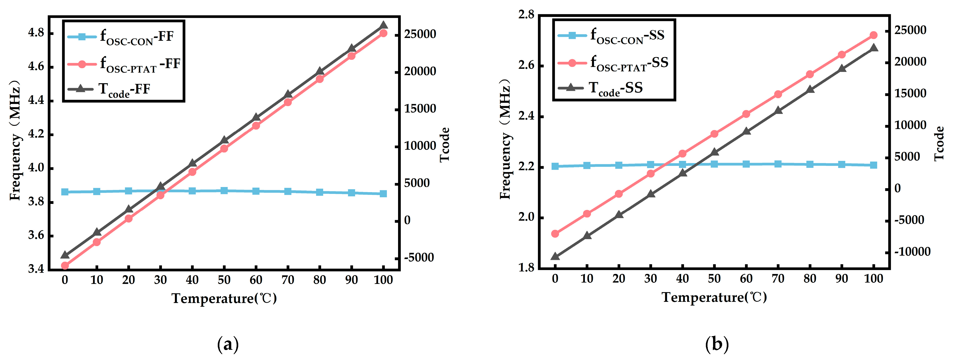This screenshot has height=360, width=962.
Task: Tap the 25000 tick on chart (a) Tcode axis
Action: point(420,34)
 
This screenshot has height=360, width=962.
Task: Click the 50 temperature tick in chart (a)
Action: point(224,280)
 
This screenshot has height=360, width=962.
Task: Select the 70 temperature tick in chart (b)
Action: point(778,279)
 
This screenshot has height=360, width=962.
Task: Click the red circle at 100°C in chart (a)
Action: point(383,33)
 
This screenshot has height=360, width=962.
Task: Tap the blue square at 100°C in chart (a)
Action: point(383,193)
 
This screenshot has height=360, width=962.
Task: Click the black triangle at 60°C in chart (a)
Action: point(256,118)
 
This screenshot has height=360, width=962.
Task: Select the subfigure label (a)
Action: point(228,344)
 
